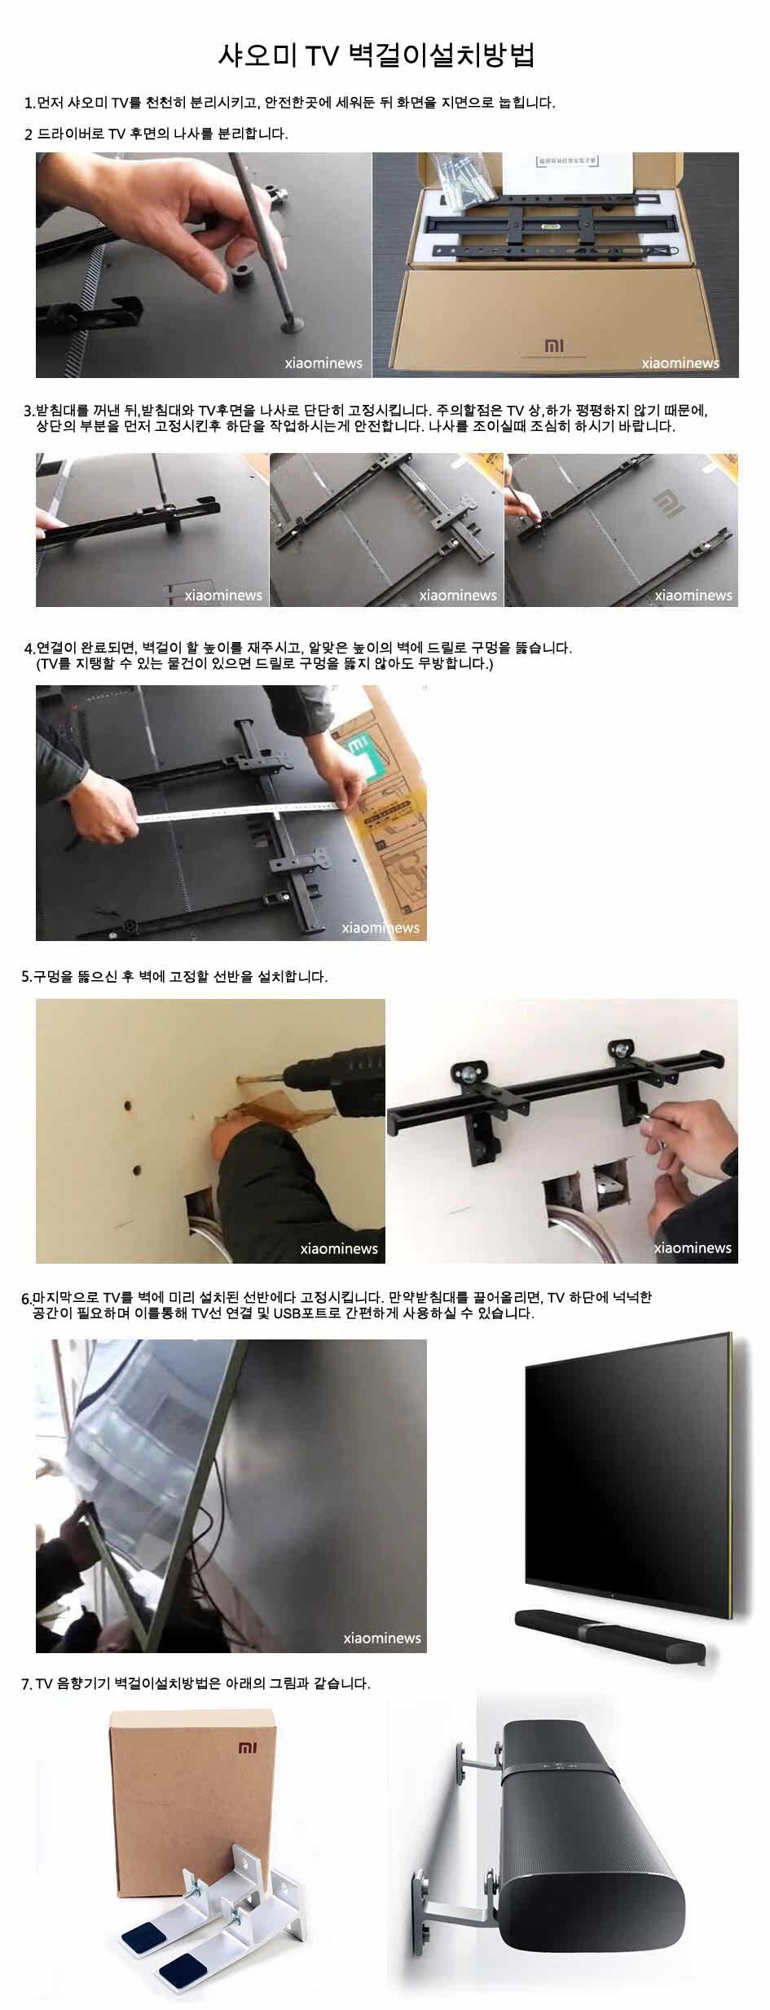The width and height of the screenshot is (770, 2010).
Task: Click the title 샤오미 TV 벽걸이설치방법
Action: click(376, 55)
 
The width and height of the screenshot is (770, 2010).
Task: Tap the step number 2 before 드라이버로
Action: click(29, 134)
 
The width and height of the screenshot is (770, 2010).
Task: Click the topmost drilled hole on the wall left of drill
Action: click(128, 1106)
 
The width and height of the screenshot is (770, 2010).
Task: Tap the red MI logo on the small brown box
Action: click(247, 1748)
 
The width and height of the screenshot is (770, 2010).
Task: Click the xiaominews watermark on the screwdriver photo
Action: click(323, 363)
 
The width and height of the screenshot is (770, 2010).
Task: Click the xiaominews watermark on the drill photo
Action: click(339, 1248)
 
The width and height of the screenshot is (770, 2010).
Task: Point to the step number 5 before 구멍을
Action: click(25, 977)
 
